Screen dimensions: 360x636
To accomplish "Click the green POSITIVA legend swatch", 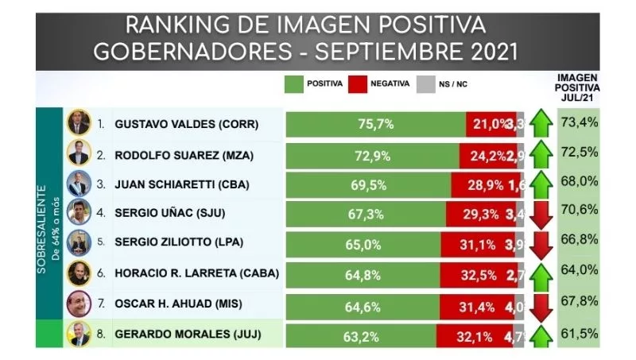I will [297, 83].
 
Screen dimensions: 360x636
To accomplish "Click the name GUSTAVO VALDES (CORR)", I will [187, 125].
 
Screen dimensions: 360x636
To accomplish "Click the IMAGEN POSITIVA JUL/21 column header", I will [578, 87].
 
